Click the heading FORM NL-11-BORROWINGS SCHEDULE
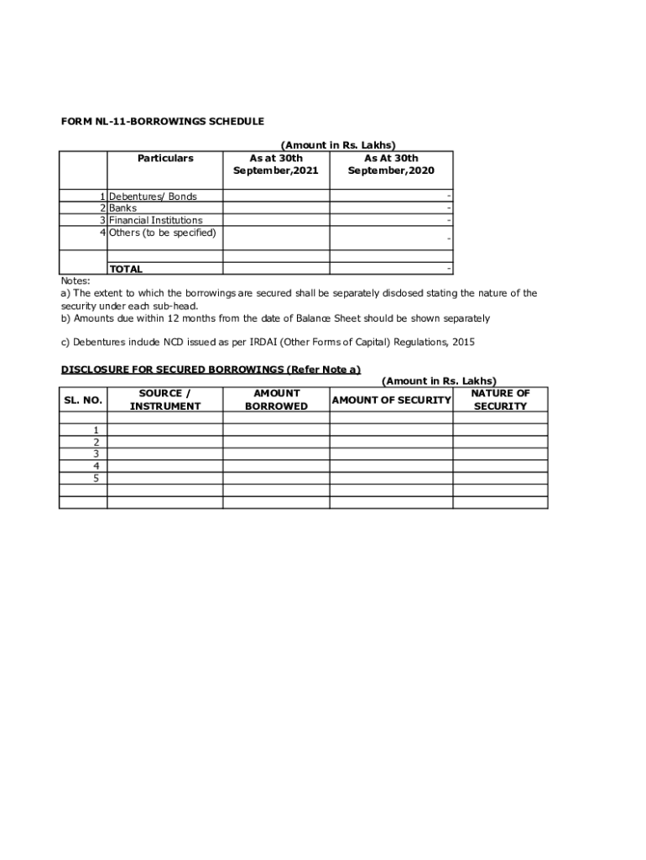[162, 122]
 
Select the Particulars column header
[165, 158]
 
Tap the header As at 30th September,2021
[276, 165]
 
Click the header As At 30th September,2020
[391, 165]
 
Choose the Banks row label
[123, 208]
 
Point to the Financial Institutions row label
[156, 220]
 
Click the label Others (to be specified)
[163, 233]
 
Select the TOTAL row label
[126, 270]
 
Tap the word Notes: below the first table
[76, 281]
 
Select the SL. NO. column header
[83, 400]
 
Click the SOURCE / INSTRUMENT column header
[165, 400]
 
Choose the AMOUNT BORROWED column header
[276, 400]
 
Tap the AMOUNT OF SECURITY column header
[391, 400]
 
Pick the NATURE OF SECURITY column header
[500, 400]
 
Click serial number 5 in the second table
[96, 478]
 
